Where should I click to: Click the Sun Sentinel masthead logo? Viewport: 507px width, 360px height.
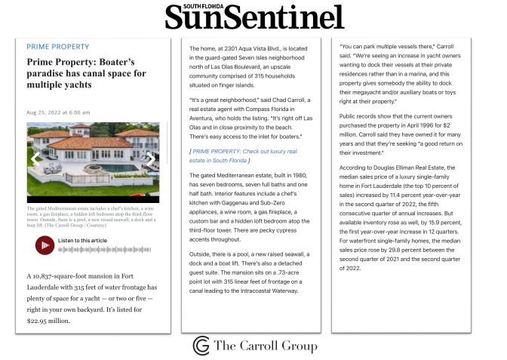[253, 17]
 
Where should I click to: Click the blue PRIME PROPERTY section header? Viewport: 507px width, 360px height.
[58, 47]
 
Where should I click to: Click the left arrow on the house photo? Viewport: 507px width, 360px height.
[34, 160]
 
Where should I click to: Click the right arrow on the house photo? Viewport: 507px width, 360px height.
[150, 160]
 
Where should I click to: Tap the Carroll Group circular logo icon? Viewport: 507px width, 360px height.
[201, 345]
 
